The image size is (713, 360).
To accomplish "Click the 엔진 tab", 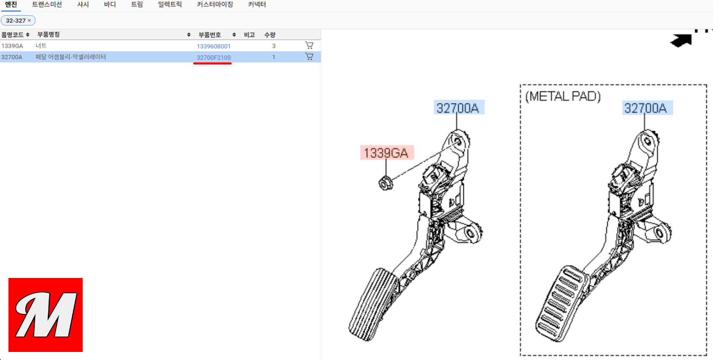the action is pyautogui.click(x=11, y=5).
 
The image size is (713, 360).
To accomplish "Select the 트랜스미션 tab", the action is pyautogui.click(x=47, y=5).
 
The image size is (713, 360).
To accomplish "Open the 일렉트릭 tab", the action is pyautogui.click(x=170, y=5).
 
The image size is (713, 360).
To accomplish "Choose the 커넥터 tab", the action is pyautogui.click(x=257, y=5).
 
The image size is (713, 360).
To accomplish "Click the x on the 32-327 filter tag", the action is pyautogui.click(x=29, y=20).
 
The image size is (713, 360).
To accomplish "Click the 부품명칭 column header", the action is pyautogui.click(x=48, y=34).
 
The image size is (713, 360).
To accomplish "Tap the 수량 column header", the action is pyautogui.click(x=270, y=35).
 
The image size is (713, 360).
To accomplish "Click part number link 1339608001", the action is pyautogui.click(x=213, y=46).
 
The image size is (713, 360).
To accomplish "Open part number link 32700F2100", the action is pyautogui.click(x=213, y=57).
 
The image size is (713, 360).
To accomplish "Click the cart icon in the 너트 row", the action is pyautogui.click(x=309, y=45).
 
